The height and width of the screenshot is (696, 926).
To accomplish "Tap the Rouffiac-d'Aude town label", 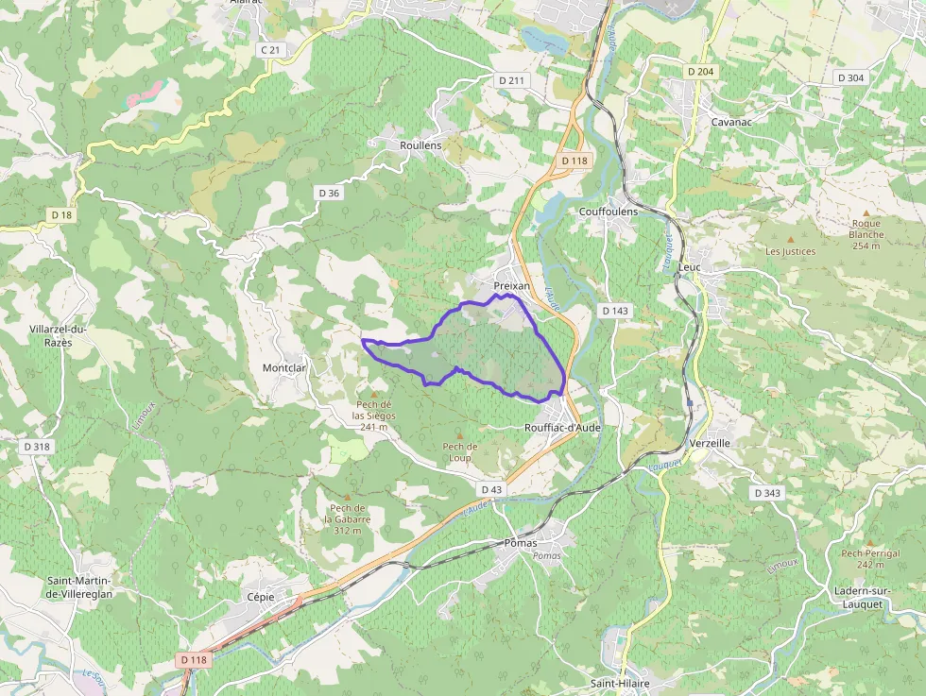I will pos(562,427).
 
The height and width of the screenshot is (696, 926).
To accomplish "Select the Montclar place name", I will pos(284,367).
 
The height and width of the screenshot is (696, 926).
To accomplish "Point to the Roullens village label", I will pos(420,145).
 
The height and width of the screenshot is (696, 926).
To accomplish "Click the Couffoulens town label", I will pos(608,212).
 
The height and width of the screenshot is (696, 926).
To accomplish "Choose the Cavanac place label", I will pos(729,122).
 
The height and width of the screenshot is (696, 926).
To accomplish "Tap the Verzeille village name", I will pos(710,443).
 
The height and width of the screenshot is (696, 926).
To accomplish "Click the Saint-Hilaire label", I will pos(620,683).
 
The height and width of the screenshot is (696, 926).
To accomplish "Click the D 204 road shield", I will pos(700,72).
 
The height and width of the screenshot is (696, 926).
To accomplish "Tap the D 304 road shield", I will pos(849,77).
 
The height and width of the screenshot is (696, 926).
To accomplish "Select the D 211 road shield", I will pos(510,80).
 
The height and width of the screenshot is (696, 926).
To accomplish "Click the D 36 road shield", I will pos(329,193).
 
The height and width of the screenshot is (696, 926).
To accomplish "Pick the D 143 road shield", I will pos(614,311).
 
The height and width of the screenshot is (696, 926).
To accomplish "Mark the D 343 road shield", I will pos(768,493).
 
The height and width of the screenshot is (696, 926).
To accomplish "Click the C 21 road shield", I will pos(270,49).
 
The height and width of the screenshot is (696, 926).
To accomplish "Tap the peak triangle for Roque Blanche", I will pos(866,212).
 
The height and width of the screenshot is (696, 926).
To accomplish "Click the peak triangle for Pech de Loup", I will pos(460,435).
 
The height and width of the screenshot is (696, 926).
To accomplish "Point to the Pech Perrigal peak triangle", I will pos(870,542).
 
